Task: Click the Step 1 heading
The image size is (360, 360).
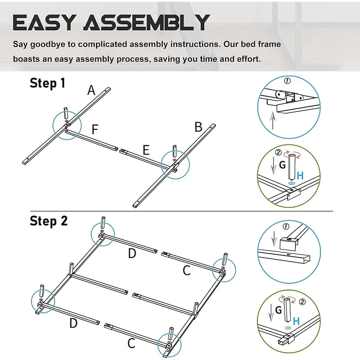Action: point(47,83)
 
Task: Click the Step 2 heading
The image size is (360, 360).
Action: point(49,221)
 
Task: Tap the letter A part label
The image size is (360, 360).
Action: point(91,90)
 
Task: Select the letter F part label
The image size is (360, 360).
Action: point(95,130)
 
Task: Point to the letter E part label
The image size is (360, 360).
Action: point(146,150)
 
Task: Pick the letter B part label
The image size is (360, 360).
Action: point(198,127)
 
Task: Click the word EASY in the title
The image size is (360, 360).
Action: point(44,22)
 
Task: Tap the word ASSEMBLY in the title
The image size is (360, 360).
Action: point(146,22)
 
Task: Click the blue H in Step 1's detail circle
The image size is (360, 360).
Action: point(300,175)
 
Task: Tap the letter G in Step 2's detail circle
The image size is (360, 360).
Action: point(278,310)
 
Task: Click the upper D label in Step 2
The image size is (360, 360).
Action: point(132,253)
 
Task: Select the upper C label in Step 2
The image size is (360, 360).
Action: point(187,271)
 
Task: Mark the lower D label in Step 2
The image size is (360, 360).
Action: point(73,323)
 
